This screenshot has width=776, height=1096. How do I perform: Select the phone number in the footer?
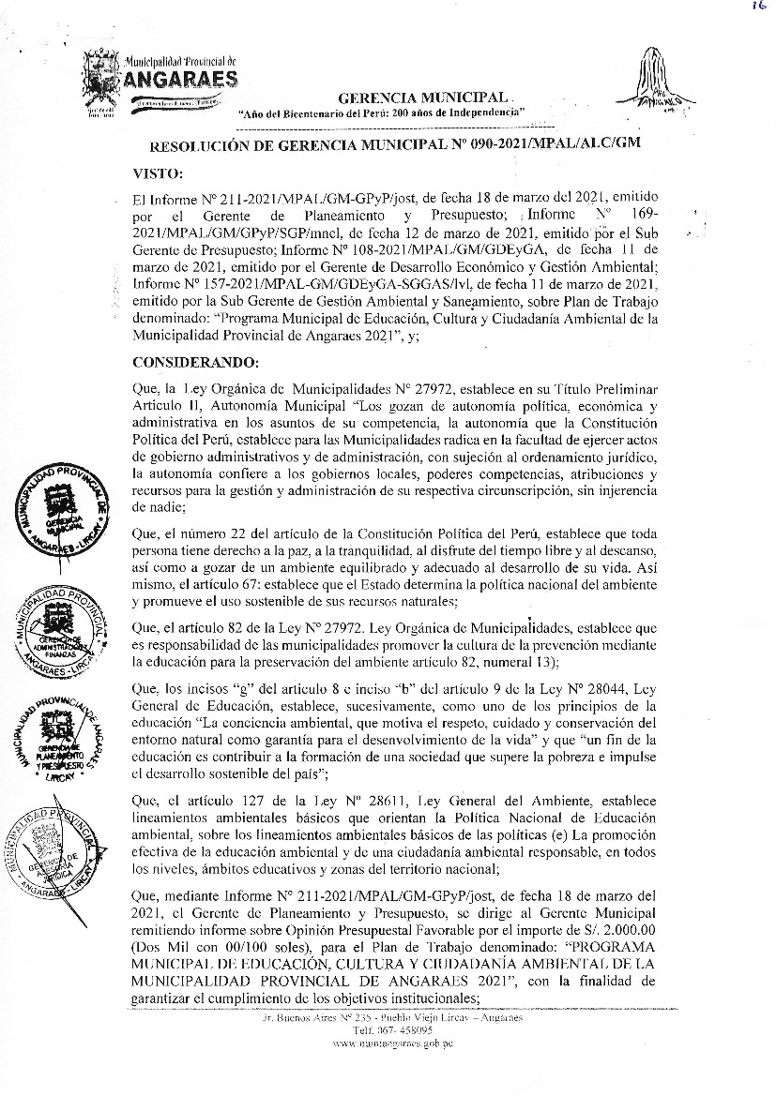(x=394, y=1029)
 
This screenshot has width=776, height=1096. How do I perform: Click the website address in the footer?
(x=393, y=1043)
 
